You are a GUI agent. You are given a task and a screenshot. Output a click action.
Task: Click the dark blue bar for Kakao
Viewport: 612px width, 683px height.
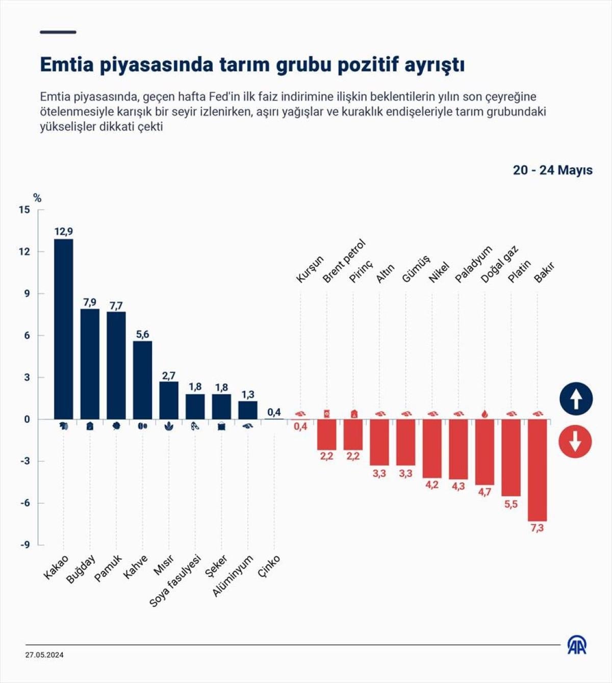(64, 329)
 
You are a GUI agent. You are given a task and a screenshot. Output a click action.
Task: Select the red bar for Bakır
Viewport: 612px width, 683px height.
(537, 470)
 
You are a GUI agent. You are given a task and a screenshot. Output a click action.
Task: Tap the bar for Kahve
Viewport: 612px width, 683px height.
(142, 380)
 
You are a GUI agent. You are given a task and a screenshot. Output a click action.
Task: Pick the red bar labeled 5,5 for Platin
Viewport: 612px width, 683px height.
(511, 458)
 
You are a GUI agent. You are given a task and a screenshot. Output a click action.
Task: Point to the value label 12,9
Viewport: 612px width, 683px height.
(64, 232)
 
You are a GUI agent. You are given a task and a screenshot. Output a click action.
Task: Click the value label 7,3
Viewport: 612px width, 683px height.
(537, 528)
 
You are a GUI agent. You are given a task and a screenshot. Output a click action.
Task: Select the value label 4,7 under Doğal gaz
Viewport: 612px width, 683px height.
(484, 492)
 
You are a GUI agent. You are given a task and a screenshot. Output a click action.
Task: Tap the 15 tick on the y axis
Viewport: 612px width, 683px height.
(24, 210)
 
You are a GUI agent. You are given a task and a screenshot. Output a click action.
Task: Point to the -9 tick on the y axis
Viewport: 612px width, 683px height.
(25, 545)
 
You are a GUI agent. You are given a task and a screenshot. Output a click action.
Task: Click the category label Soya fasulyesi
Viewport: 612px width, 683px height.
(175, 581)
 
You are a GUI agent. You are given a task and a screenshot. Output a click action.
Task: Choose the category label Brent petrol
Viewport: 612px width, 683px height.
(344, 261)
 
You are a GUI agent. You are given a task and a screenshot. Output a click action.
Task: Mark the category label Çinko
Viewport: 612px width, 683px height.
(269, 567)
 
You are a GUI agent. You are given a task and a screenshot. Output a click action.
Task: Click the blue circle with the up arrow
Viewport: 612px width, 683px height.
(576, 398)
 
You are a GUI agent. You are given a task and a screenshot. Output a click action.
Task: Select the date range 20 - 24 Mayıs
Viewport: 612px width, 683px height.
(552, 170)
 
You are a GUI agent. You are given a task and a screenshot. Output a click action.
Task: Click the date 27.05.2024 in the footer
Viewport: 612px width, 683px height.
(45, 655)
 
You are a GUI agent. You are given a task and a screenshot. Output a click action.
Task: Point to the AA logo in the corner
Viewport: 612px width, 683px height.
(577, 645)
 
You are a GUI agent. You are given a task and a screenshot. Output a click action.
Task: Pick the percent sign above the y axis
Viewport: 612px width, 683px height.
(37, 198)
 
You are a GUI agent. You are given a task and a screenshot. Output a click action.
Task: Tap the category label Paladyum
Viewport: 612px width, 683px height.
(473, 264)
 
